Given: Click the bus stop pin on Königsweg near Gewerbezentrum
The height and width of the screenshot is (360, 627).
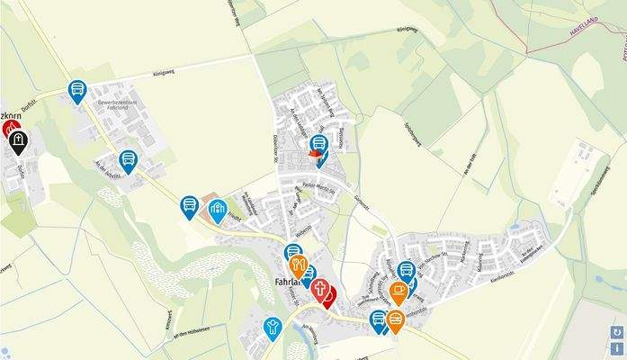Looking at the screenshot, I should tap(77, 89).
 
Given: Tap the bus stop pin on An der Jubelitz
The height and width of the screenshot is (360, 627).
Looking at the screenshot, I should tap(129, 160).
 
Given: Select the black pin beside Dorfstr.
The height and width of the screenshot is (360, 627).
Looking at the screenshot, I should tap(18, 139).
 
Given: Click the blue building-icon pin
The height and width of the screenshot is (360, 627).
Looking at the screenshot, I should tap(217, 210).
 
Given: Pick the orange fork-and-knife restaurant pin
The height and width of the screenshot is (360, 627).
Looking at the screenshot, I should tap(299, 265).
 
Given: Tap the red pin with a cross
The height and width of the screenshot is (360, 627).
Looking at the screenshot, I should tap(319, 289).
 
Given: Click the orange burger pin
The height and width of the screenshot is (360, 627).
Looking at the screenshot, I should tap(395, 319).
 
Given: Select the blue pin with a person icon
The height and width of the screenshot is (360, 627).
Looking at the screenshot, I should tap(273, 326).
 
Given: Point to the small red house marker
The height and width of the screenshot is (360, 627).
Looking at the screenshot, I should tap(314, 157).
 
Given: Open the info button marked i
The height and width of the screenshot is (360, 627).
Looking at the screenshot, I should tap(617, 348).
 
